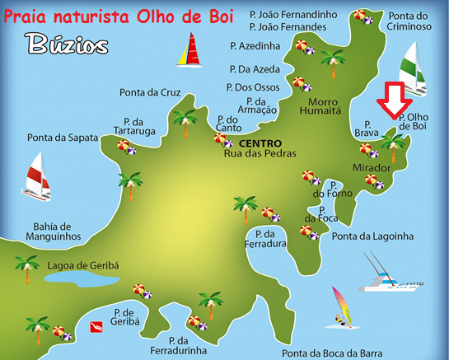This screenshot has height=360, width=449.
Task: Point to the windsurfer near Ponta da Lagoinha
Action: (x=339, y=306)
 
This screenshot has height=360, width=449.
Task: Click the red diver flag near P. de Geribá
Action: (x=96, y=327)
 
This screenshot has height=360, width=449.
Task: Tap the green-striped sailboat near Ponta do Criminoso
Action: (x=414, y=65)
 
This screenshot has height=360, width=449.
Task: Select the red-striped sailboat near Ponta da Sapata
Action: (x=37, y=176)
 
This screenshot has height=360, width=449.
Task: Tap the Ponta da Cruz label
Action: (x=149, y=91)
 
